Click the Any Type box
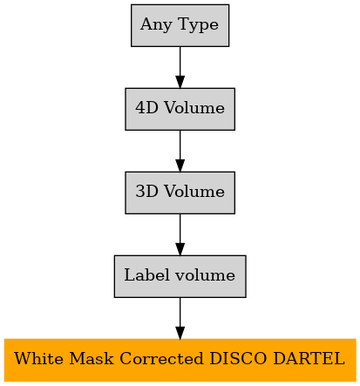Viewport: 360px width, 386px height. [180, 25]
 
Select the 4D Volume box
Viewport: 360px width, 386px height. [180, 109]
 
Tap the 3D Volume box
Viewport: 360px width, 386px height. [180, 193]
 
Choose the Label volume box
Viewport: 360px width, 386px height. [180, 276]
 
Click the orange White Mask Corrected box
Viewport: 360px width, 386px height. [180, 360]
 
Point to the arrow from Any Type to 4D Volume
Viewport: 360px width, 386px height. [180, 67]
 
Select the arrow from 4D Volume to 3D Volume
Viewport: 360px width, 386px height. [180, 151]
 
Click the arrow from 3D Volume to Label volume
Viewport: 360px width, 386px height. [180, 234]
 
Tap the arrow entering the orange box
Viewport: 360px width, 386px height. [180, 318]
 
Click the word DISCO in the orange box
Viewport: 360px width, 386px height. [238, 358]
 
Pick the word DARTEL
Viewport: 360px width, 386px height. [309, 358]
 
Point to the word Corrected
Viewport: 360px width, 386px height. [161, 358]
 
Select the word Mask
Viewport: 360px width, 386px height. [92, 358]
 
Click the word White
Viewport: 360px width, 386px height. [38, 358]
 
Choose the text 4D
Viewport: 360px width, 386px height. [146, 107]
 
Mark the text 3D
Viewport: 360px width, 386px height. [146, 191]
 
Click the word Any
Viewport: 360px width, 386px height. [156, 24]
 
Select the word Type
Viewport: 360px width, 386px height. [199, 24]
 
